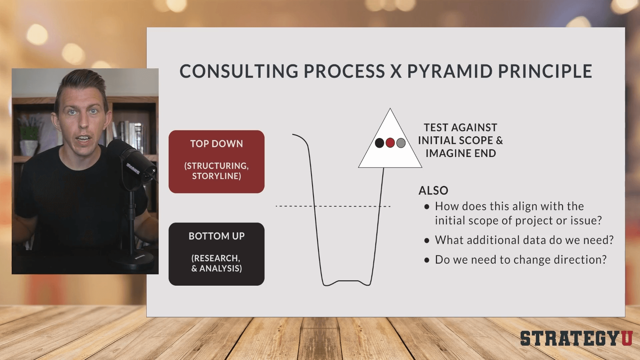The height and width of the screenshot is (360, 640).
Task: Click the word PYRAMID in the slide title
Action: coord(450,71)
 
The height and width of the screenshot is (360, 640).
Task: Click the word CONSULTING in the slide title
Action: coord(239,71)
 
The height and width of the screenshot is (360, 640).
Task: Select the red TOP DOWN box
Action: coord(216,162)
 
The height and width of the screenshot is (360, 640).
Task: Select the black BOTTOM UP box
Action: coord(216,254)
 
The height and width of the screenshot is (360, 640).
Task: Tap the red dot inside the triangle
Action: coord(390,143)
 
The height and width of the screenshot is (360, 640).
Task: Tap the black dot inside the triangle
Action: coord(379,143)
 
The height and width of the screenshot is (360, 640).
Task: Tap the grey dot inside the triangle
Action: coord(401,143)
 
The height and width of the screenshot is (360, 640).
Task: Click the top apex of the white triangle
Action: coord(390,109)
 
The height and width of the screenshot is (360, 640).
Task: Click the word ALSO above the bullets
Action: coord(433,191)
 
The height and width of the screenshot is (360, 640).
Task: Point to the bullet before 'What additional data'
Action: coord(427,240)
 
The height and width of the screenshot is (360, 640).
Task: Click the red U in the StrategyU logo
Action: coord(626,338)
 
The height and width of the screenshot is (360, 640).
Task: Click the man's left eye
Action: coord(94,111)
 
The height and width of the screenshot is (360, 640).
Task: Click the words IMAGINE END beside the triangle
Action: coord(460,153)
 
